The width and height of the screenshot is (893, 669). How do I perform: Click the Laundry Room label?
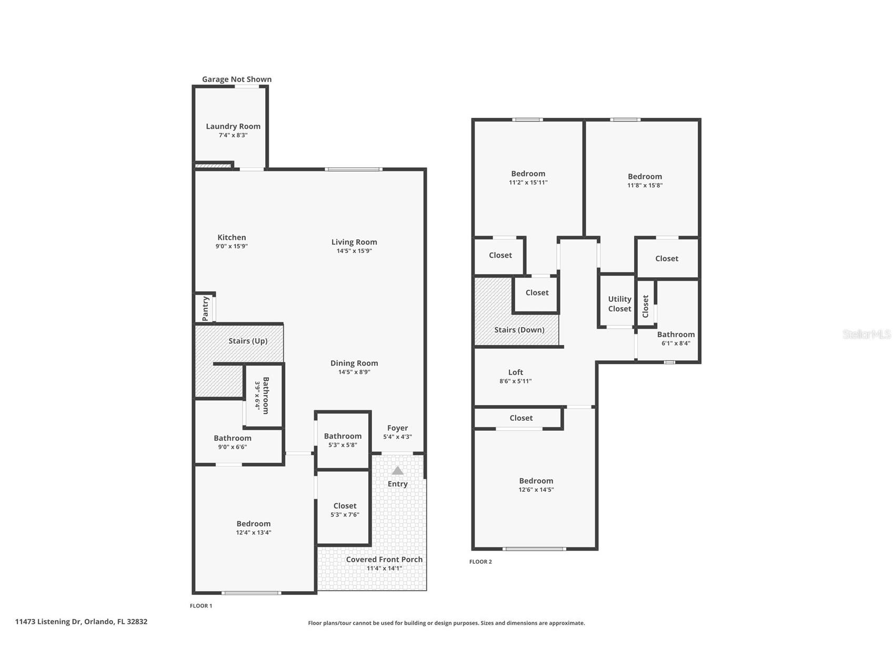pos(233,126)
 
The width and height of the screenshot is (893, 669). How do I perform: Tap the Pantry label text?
pos(206,308)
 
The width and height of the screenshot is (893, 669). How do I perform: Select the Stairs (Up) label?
pos(248,341)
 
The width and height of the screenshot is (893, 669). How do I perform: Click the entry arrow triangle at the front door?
pos(398,470)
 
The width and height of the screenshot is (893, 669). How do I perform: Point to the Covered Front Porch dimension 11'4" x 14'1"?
pos(384,569)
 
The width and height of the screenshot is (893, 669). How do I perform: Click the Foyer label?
pos(397,428)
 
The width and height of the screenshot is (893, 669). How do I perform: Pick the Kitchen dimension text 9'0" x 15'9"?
pos(232,246)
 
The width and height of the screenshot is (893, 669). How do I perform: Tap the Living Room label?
pos(354,242)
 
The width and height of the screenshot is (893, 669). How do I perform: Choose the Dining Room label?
pos(354,363)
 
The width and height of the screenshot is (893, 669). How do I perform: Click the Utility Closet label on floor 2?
pos(619,304)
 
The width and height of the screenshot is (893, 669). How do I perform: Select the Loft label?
pos(516,372)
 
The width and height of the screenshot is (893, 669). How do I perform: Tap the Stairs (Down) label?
pos(519,330)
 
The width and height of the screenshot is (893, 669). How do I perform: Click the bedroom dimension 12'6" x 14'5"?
pos(536,490)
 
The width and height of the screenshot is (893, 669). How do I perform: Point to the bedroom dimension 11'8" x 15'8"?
pos(645,185)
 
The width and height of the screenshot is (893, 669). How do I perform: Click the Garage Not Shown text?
pos(237,79)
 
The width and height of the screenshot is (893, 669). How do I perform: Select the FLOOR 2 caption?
pos(480,562)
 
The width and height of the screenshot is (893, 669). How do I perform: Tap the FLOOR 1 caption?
pos(201,606)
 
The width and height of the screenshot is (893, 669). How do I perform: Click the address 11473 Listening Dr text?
pos(48,622)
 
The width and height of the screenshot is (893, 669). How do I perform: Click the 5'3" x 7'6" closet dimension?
pos(345,515)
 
